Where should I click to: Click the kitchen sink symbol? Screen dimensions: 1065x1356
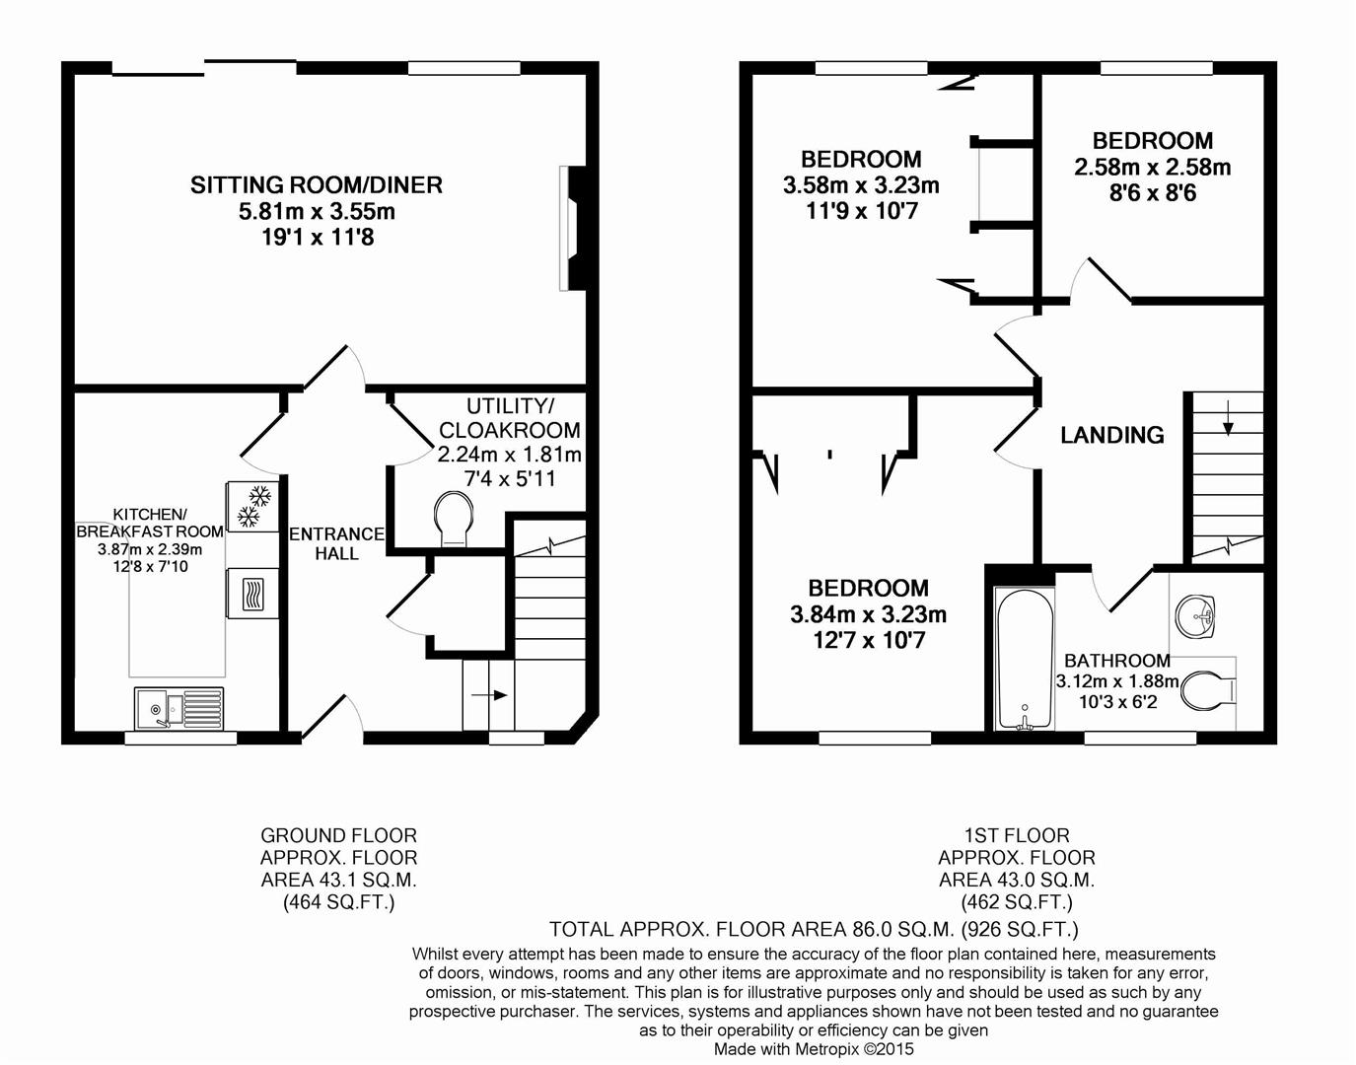178,707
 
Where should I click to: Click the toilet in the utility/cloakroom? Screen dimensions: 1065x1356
454,519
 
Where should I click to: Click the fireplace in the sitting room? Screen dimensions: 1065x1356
571,229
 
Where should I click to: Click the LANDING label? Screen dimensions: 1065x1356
1111,435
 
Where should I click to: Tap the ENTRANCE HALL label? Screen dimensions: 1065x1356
336,543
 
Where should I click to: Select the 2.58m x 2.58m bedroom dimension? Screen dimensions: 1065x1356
1152,168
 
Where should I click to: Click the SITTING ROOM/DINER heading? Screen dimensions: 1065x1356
316,184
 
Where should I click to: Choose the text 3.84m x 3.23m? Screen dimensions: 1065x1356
868,614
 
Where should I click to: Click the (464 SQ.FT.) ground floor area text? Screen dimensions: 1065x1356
338,901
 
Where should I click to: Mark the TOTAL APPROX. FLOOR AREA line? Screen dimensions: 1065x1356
814,929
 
